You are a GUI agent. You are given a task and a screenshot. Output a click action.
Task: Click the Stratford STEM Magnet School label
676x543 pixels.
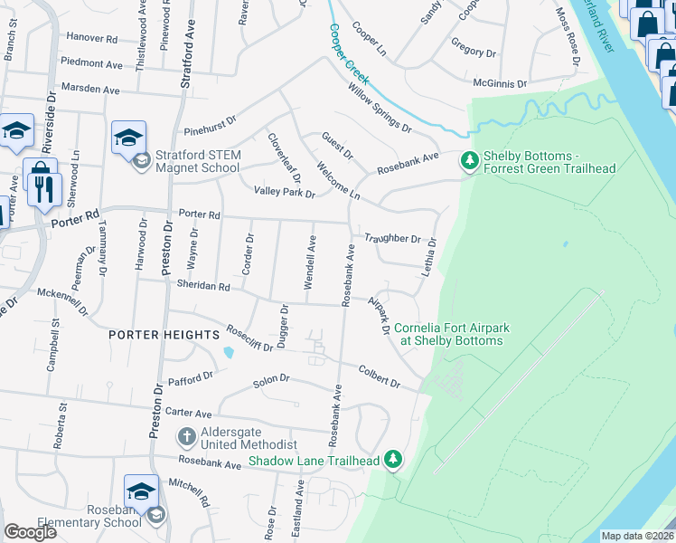[x=198, y=161]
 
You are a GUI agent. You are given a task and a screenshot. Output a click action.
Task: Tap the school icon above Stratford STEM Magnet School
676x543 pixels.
[x=128, y=138]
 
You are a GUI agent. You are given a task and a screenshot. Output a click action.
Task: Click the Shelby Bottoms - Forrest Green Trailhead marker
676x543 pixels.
[x=469, y=161]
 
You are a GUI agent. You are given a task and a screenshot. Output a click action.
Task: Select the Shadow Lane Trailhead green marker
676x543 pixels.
[x=392, y=460]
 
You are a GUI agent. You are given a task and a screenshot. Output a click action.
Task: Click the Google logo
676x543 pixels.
[x=30, y=532]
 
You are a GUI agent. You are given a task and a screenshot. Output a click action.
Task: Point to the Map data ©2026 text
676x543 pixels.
[x=636, y=536]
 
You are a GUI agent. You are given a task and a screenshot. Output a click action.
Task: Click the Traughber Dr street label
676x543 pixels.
[x=392, y=239]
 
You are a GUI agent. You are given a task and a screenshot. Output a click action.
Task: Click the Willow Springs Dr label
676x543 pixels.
[x=380, y=108]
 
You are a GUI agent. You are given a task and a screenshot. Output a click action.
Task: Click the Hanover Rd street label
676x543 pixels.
[x=88, y=39]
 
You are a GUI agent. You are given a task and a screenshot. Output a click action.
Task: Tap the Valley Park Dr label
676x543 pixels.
[x=284, y=192]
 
